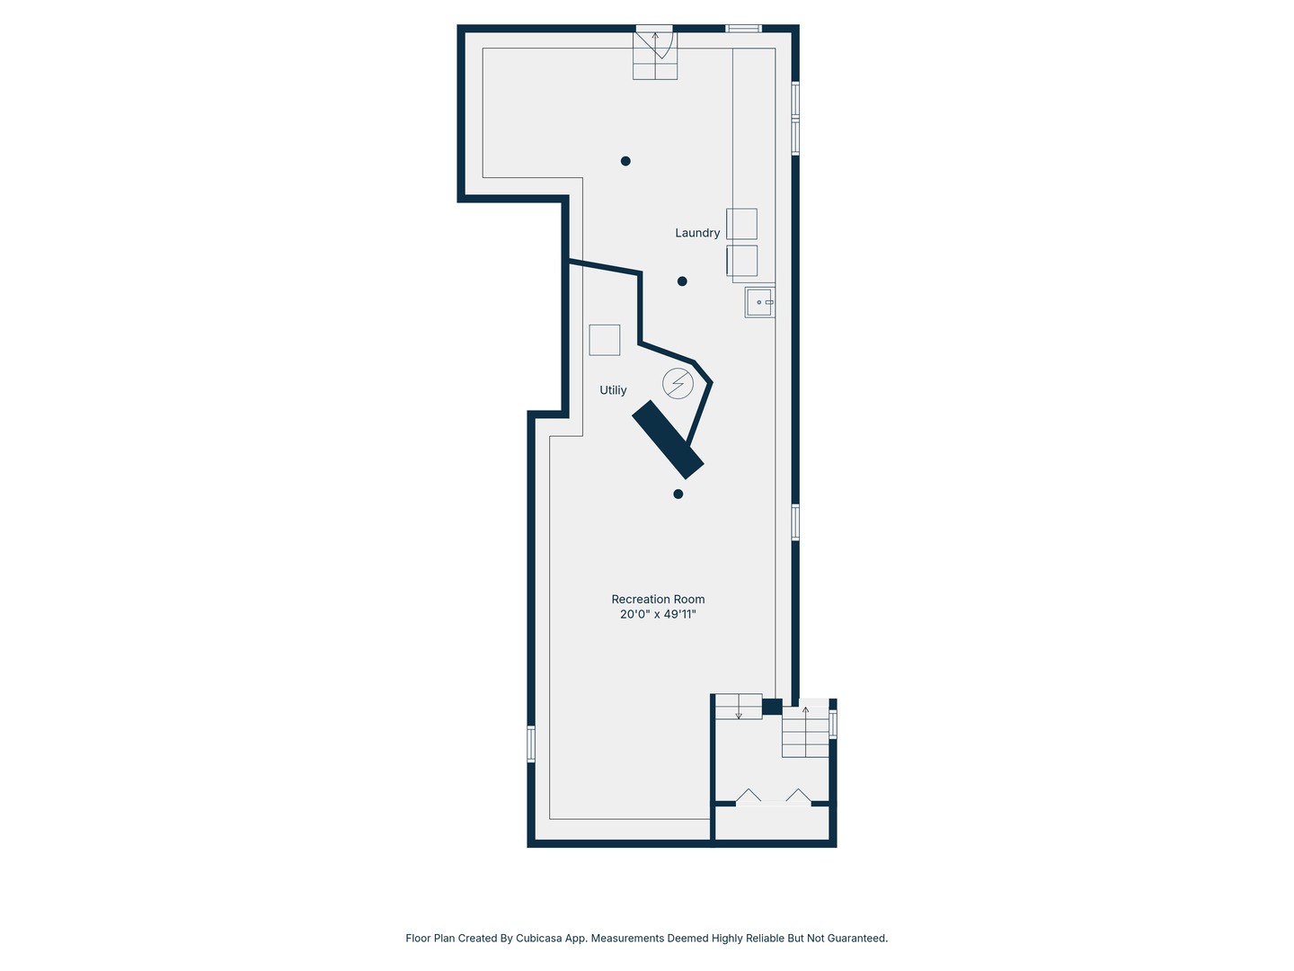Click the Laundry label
coord(696,233)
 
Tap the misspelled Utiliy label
coord(613,389)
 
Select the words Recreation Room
coord(658,599)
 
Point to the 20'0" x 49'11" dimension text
coord(658,614)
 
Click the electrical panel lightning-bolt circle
coord(678,383)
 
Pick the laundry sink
coord(759,302)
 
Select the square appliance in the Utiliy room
coord(604,340)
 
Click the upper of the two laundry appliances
coord(741,224)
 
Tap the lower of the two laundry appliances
coord(741,260)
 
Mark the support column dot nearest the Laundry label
coord(682,281)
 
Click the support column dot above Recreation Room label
coord(678,494)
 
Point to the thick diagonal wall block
coord(668,440)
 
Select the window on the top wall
coord(743,28)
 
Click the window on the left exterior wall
coord(530,744)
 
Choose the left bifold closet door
coord(749,796)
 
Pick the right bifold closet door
coord(798,796)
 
